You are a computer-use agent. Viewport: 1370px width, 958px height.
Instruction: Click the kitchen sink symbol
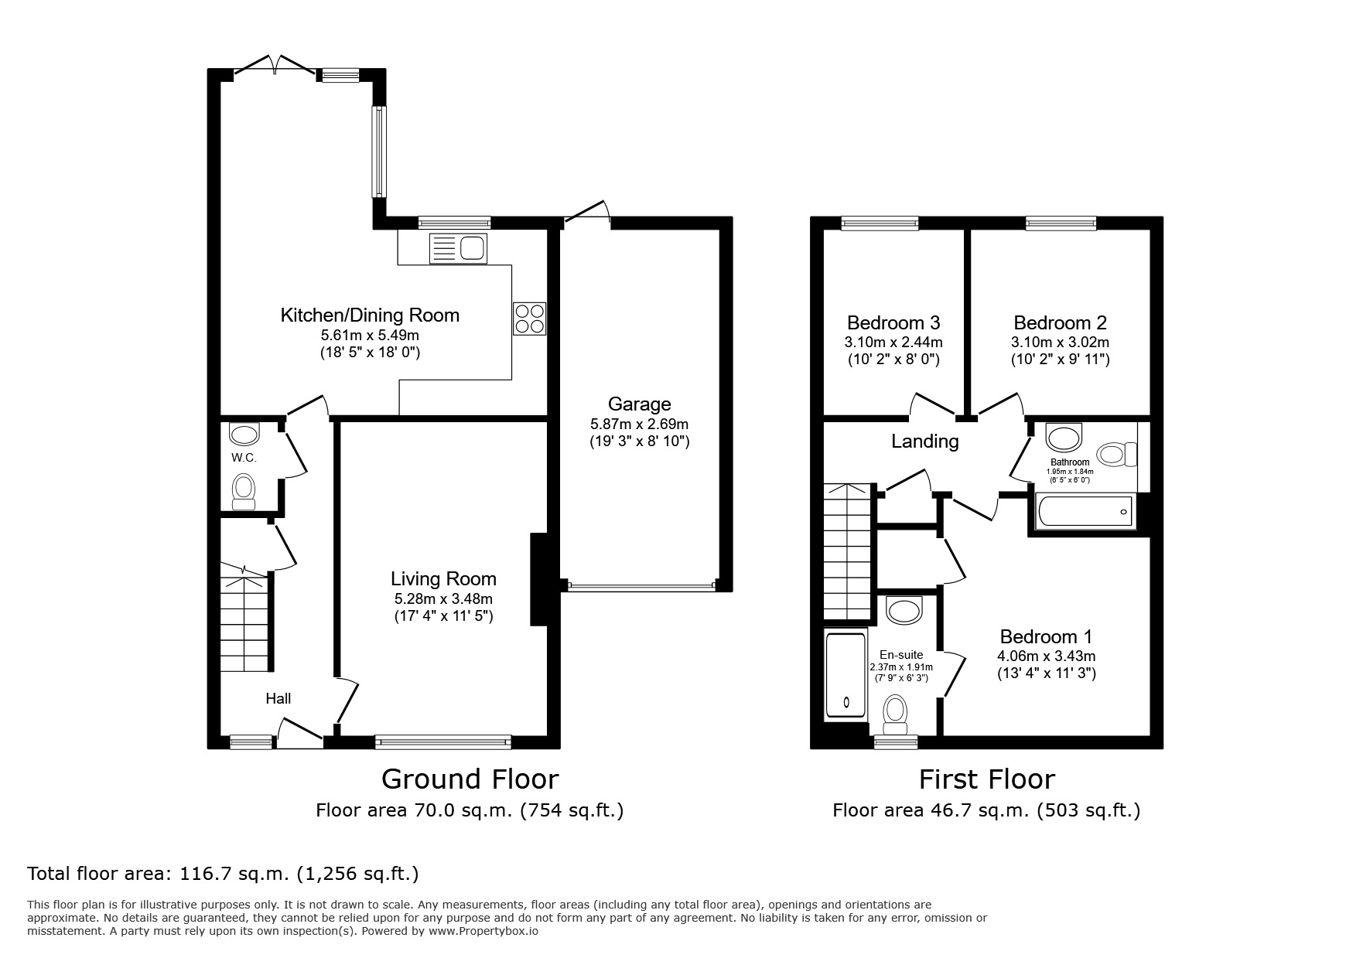point(458,248)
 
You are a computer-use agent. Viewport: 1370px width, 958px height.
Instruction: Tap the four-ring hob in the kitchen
point(529,319)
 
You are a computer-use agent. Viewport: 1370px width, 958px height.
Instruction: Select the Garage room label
point(639,404)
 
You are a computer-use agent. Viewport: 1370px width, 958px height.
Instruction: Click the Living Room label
point(443,578)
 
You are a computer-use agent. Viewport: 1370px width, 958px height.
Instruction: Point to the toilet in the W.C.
point(244,490)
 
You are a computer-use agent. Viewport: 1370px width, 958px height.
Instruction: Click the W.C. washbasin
point(244,435)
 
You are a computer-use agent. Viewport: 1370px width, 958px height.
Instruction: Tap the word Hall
point(278,698)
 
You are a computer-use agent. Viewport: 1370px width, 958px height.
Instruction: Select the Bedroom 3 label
point(893,322)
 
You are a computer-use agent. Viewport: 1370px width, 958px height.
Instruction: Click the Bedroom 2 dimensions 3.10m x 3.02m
point(1060,342)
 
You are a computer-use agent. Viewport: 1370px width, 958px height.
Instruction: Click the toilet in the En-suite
point(895,713)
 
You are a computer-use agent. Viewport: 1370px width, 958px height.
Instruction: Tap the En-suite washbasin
point(904,610)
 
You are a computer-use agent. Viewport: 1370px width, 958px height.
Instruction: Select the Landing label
point(924,441)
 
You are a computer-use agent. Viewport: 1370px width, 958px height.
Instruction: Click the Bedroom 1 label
point(1046,636)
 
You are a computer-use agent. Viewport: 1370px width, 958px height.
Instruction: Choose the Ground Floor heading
point(470,779)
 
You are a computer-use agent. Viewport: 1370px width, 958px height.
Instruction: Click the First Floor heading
point(986,779)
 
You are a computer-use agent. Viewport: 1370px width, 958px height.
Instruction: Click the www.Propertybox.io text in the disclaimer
point(483,932)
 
